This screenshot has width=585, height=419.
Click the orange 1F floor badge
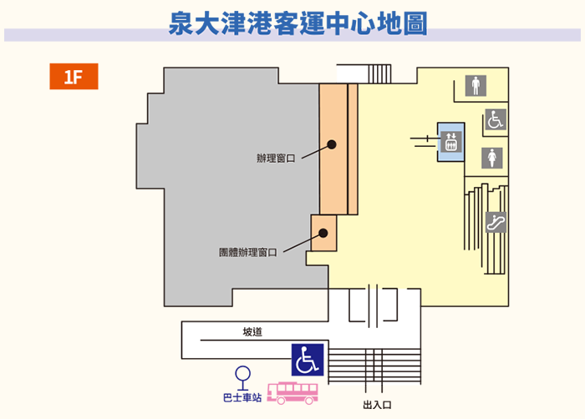pos(74,77)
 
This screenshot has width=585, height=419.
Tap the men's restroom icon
pos(476,86)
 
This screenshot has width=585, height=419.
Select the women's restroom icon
pos(491,158)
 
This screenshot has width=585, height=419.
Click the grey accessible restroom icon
pos(496,119)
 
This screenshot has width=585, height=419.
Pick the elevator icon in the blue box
pos(451,142)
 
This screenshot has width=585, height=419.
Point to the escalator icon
pos(496,222)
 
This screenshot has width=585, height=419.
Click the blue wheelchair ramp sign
pos(308,360)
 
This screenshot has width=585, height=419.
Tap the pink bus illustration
pos(292,393)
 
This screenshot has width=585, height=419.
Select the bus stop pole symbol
pos(242,378)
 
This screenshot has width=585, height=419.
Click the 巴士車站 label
pos(242,398)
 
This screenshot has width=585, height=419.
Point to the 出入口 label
pos(377,405)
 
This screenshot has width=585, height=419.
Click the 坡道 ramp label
pos(252,331)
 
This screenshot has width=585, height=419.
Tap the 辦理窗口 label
pos(276,159)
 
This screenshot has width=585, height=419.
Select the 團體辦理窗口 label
pos(247,252)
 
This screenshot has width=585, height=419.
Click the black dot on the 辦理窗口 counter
pos(332,144)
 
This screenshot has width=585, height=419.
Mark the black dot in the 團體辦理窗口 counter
pos(323,233)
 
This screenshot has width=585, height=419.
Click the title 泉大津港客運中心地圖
pos(298,23)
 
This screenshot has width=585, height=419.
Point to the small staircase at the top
pos(379,73)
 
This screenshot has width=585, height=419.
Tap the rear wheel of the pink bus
pos(309,401)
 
